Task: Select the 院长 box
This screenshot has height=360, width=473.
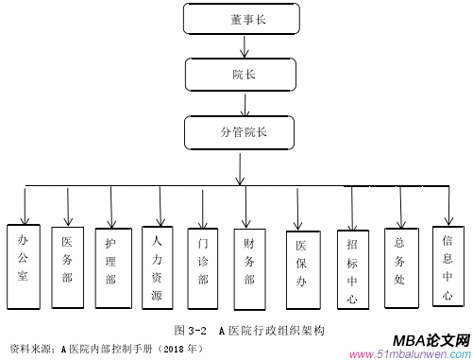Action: click(x=244, y=73)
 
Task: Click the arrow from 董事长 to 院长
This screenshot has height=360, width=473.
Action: click(x=245, y=46)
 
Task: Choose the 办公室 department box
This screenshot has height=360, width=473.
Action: click(x=24, y=266)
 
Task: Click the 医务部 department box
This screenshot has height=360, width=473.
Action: click(x=68, y=266)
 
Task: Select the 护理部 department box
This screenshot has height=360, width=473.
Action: click(x=112, y=266)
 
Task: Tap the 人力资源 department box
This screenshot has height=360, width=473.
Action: click(x=159, y=267)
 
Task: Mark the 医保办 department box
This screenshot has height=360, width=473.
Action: click(x=301, y=267)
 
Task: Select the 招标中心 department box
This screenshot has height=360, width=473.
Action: click(x=352, y=267)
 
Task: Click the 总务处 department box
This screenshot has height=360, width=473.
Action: click(x=399, y=266)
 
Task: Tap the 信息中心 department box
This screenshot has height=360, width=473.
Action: click(x=448, y=266)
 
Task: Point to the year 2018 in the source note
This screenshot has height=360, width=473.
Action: click(x=173, y=348)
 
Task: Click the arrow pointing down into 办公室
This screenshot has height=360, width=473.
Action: click(x=25, y=203)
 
